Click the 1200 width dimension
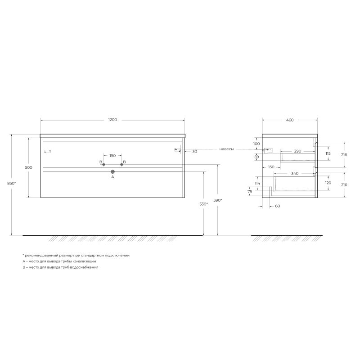pos(112,120)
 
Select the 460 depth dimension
pos(290,120)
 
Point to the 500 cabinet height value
pos(29,167)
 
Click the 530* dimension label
pos(204,204)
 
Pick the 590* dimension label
pos(218,200)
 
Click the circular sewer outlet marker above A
pos(112,171)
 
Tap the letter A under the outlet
pos(112,177)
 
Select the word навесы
pos(226,149)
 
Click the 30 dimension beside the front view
pos(194,152)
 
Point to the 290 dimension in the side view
pos(297,151)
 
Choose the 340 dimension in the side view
pos(294,173)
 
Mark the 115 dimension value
pos(328,153)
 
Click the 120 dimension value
pos(328,183)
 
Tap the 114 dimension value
pos(257,184)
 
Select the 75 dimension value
pos(250,191)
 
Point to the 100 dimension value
pos(256,144)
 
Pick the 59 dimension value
pos(256,157)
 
